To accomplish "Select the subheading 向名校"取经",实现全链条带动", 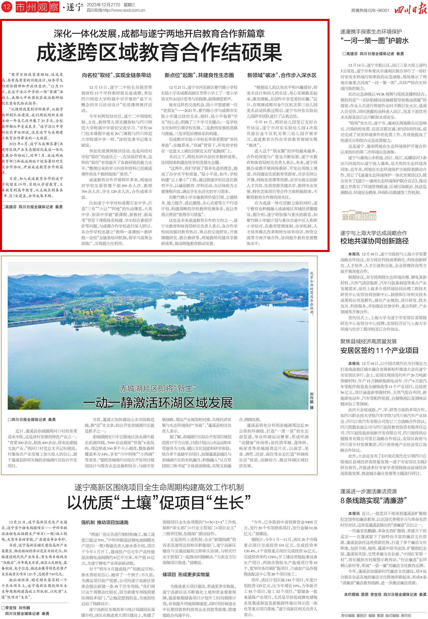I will (x=116, y=75).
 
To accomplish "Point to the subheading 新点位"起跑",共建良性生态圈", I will (x=199, y=75).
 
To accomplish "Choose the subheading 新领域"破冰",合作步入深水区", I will (x=281, y=75).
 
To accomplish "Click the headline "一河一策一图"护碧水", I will (x=374, y=41).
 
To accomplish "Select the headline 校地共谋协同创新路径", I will (x=374, y=241).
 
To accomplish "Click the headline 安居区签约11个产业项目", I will (x=379, y=350).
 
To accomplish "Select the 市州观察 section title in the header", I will (x=37, y=7).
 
